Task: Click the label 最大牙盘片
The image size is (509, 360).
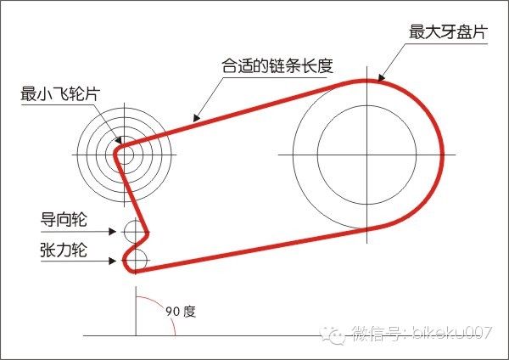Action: click(x=449, y=31)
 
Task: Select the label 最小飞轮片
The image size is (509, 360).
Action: click(x=59, y=93)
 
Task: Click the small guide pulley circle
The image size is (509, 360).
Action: click(x=135, y=229)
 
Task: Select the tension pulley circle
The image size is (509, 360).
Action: click(x=137, y=257)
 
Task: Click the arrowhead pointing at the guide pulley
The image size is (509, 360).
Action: click(x=118, y=230)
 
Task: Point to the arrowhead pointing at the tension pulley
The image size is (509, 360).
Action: click(x=118, y=259)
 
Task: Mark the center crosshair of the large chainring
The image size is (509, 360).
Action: click(x=366, y=155)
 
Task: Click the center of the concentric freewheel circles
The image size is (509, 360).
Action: click(x=125, y=155)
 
